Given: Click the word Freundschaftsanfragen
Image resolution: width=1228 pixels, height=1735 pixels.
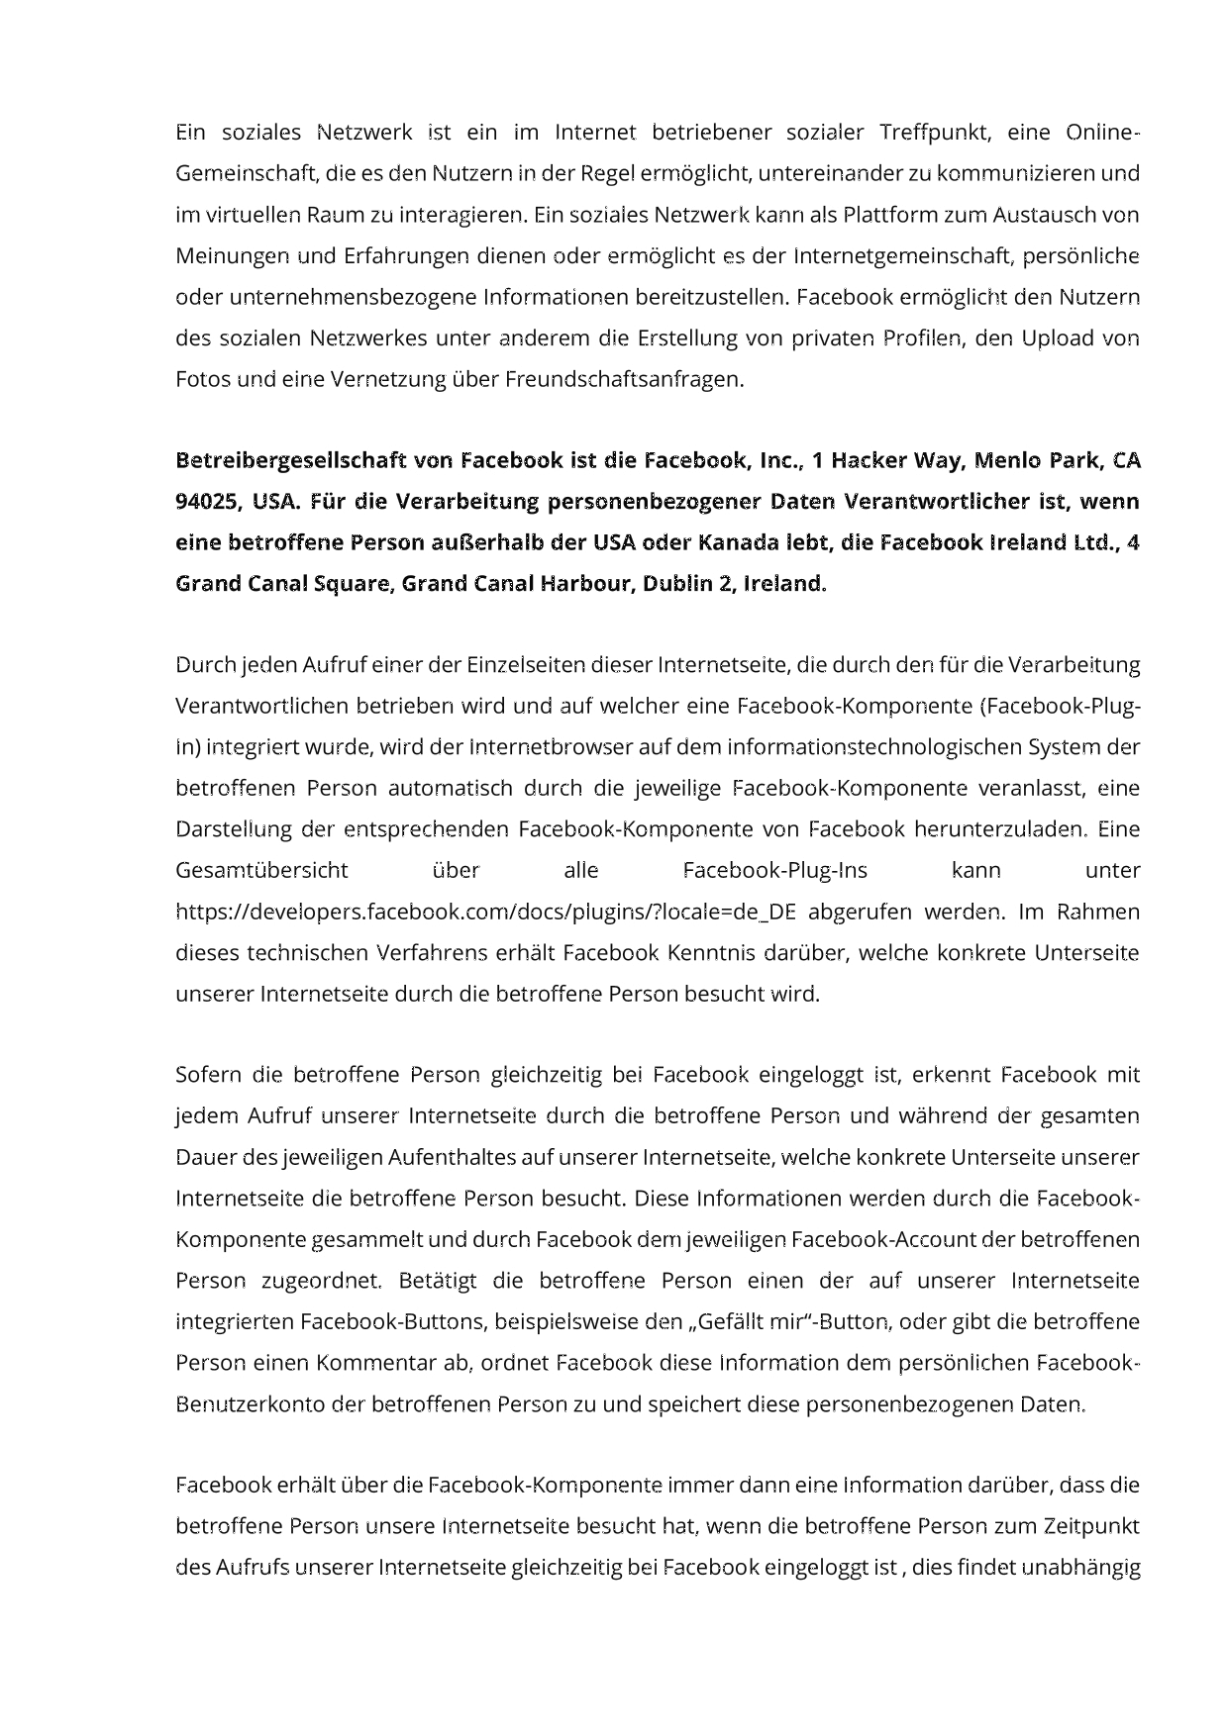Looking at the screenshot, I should click(624, 379).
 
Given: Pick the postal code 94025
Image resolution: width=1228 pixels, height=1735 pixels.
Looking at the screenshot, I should click(206, 502).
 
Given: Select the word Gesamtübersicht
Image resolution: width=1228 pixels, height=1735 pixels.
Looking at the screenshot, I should click(261, 871).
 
